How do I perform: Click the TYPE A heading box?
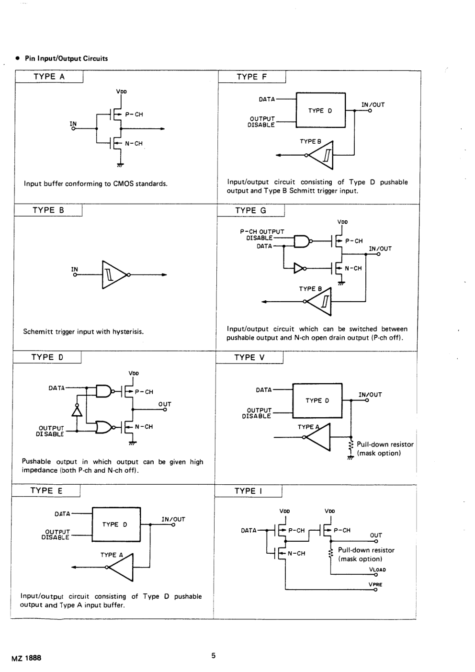pos(49,77)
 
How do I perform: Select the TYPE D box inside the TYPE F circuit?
pos(320,111)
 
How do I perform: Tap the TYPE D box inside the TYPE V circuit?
pos(317,401)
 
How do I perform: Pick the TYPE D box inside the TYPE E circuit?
pos(115,524)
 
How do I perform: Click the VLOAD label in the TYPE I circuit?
pos(377,570)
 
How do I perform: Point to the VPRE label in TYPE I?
pos(375,585)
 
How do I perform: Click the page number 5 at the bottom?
pos(214,656)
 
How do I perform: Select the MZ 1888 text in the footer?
pos(26,658)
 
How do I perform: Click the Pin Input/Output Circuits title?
pos(66,58)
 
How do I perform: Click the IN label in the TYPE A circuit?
pos(73,124)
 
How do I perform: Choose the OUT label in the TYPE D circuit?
pos(165,404)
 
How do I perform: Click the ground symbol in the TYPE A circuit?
pos(120,165)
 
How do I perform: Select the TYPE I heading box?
pos(248,491)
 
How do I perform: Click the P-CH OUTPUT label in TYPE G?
pos(262,232)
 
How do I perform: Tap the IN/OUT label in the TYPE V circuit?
pos(370,395)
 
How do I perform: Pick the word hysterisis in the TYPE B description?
pos(128,331)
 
